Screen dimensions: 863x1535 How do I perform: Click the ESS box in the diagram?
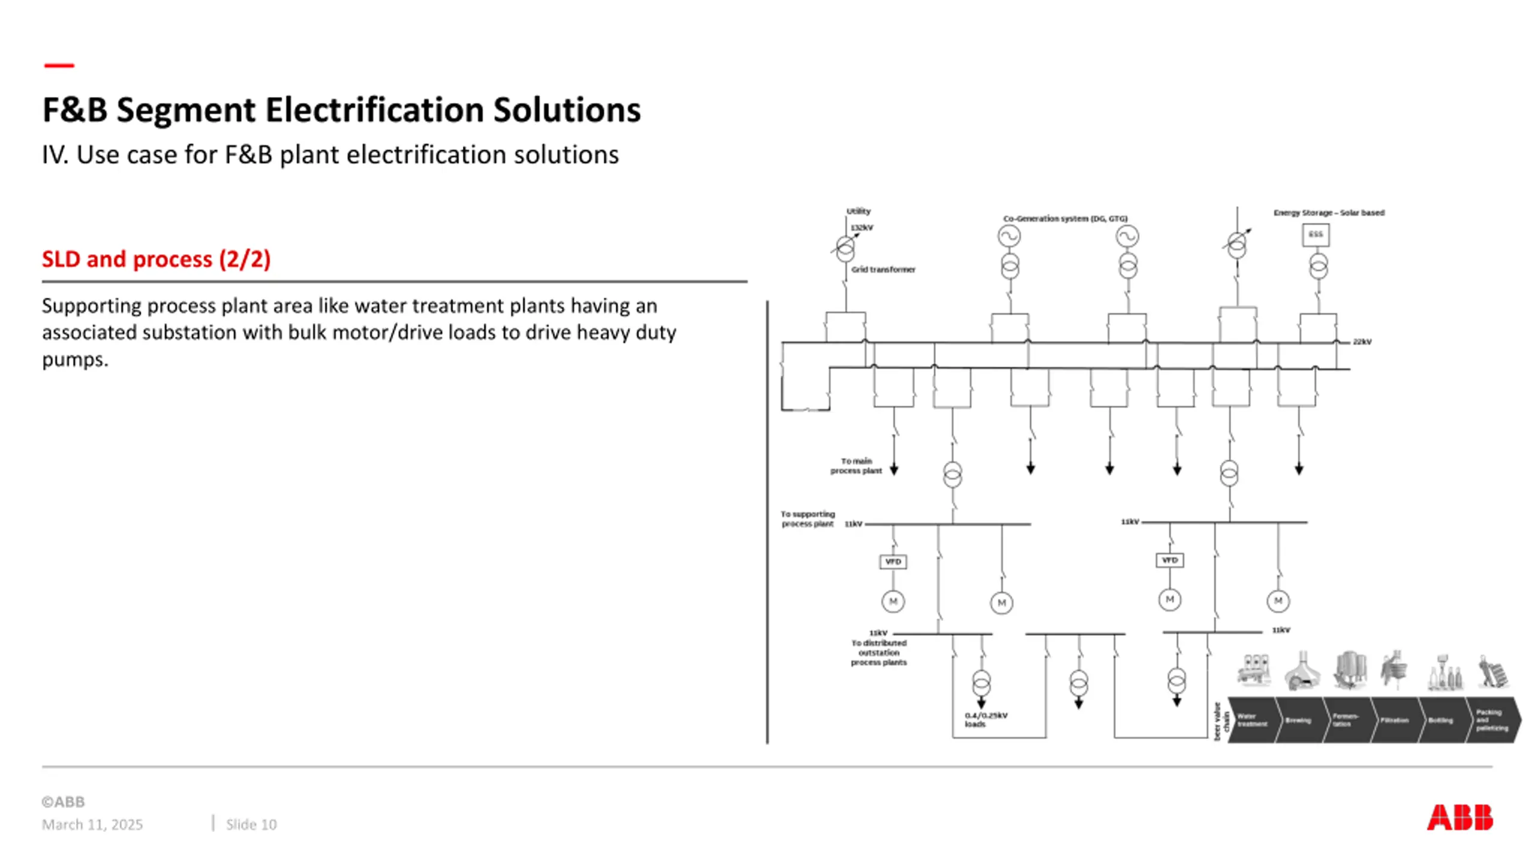click(x=1316, y=234)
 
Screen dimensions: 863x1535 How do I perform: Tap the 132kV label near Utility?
click(x=862, y=228)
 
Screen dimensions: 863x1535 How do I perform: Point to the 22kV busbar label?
click(x=1362, y=342)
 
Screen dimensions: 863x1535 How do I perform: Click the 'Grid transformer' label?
click(x=883, y=270)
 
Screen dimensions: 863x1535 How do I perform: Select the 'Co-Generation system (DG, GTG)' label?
click(x=1066, y=219)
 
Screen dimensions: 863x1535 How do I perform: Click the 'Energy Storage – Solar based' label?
click(x=1329, y=213)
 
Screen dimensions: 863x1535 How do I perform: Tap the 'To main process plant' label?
click(x=856, y=466)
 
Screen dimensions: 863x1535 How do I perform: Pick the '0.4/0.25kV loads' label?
click(x=986, y=719)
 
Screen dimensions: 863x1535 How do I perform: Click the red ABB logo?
click(x=1459, y=817)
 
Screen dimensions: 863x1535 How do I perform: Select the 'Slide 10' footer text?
click(x=251, y=825)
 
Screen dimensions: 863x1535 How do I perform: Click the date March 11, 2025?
click(x=92, y=825)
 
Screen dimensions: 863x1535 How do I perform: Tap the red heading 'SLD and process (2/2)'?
click(x=156, y=259)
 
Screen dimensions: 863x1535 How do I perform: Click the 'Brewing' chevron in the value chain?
click(x=1298, y=720)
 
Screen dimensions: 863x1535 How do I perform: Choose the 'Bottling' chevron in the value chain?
click(x=1440, y=720)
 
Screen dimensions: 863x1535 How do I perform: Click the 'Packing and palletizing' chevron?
click(x=1492, y=720)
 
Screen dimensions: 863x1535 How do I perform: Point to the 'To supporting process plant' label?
click(x=808, y=519)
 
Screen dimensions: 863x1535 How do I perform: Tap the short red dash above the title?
click(x=59, y=65)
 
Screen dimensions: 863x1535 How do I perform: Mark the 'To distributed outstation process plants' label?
click(x=878, y=653)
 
